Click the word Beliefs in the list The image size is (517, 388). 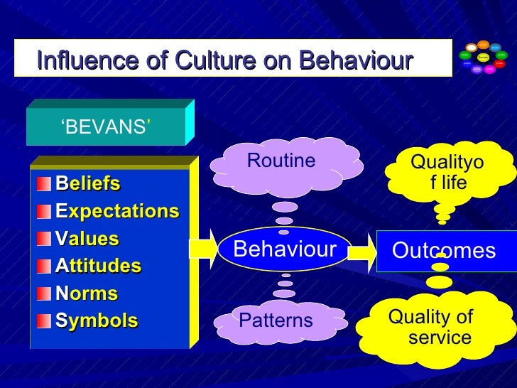[88, 184]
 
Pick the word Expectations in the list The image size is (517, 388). [117, 211]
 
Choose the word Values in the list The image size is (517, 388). [87, 239]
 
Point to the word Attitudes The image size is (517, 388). [99, 266]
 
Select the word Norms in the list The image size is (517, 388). [87, 293]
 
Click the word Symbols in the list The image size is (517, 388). [97, 320]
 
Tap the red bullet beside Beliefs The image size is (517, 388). [45, 184]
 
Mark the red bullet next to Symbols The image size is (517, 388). [45, 320]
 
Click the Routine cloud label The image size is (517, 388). [281, 161]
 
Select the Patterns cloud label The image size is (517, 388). [276, 320]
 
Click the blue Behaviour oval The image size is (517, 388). [285, 249]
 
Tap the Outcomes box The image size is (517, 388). [444, 251]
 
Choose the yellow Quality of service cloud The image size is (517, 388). [430, 328]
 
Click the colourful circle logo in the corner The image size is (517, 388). [484, 58]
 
